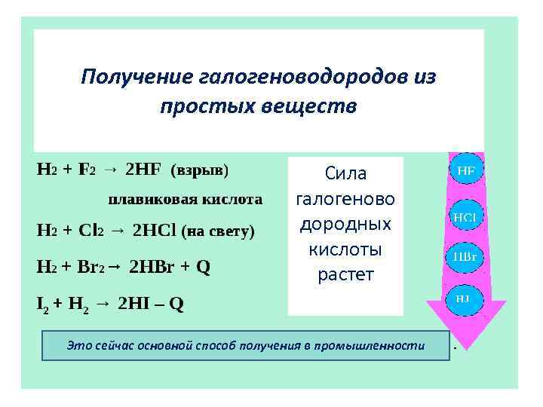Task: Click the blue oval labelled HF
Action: (466, 170)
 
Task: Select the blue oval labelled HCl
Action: (465, 218)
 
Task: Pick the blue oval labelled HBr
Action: (464, 256)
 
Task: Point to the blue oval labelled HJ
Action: (463, 298)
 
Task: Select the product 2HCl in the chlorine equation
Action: (154, 231)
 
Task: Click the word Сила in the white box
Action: (345, 174)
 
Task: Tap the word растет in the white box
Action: (345, 274)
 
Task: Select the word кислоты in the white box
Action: (345, 249)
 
